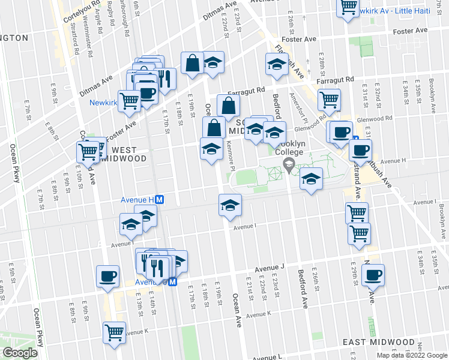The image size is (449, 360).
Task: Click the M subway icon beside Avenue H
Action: pyautogui.click(x=160, y=199)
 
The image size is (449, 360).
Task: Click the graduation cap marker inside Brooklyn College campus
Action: pyautogui.click(x=311, y=179)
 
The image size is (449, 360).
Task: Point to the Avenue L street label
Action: pyautogui.click(x=268, y=356)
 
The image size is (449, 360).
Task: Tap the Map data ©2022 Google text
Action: pyautogui.click(x=412, y=355)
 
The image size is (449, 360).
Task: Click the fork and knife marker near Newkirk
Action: pyautogui.click(x=164, y=78)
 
